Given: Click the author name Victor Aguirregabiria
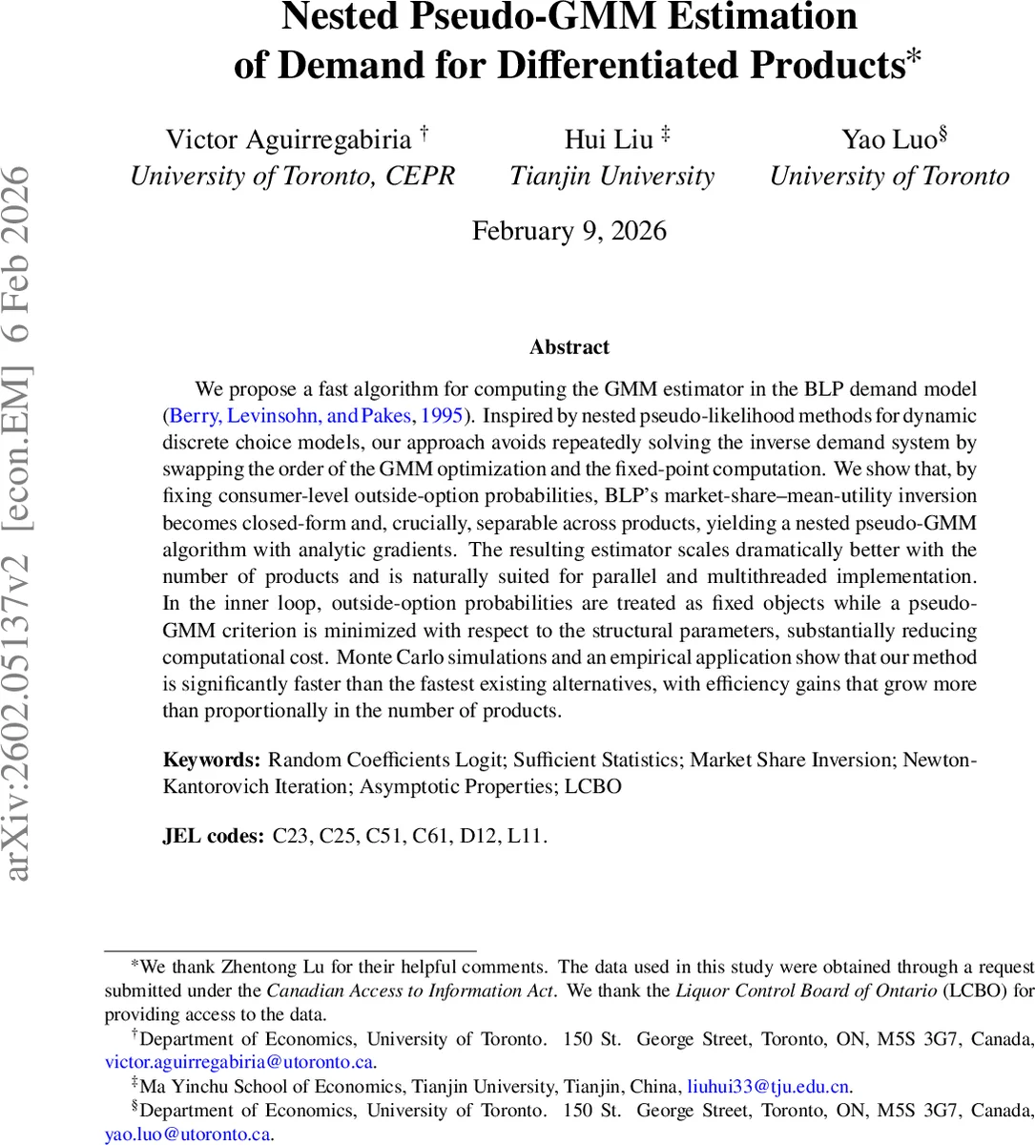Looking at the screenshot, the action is pos(288,139).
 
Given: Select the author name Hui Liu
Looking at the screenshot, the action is pos(609,139).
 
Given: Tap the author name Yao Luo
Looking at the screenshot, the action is pos(889,139).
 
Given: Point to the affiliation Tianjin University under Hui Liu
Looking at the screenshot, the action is pos(611,177).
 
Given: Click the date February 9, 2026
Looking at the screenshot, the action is pos(569,231).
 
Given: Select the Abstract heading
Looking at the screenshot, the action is pos(569,347).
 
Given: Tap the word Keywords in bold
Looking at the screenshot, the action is pos(211,760).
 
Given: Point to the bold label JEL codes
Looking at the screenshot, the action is pos(213,837).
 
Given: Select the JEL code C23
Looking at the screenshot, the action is pos(291,837).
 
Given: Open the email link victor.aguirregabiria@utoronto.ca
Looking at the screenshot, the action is pos(238,1062).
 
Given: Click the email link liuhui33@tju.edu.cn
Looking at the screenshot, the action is pos(768,1087).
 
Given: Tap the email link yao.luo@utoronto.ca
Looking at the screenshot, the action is pos(188,1135).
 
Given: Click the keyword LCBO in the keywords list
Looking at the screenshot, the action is pos(592,787).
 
